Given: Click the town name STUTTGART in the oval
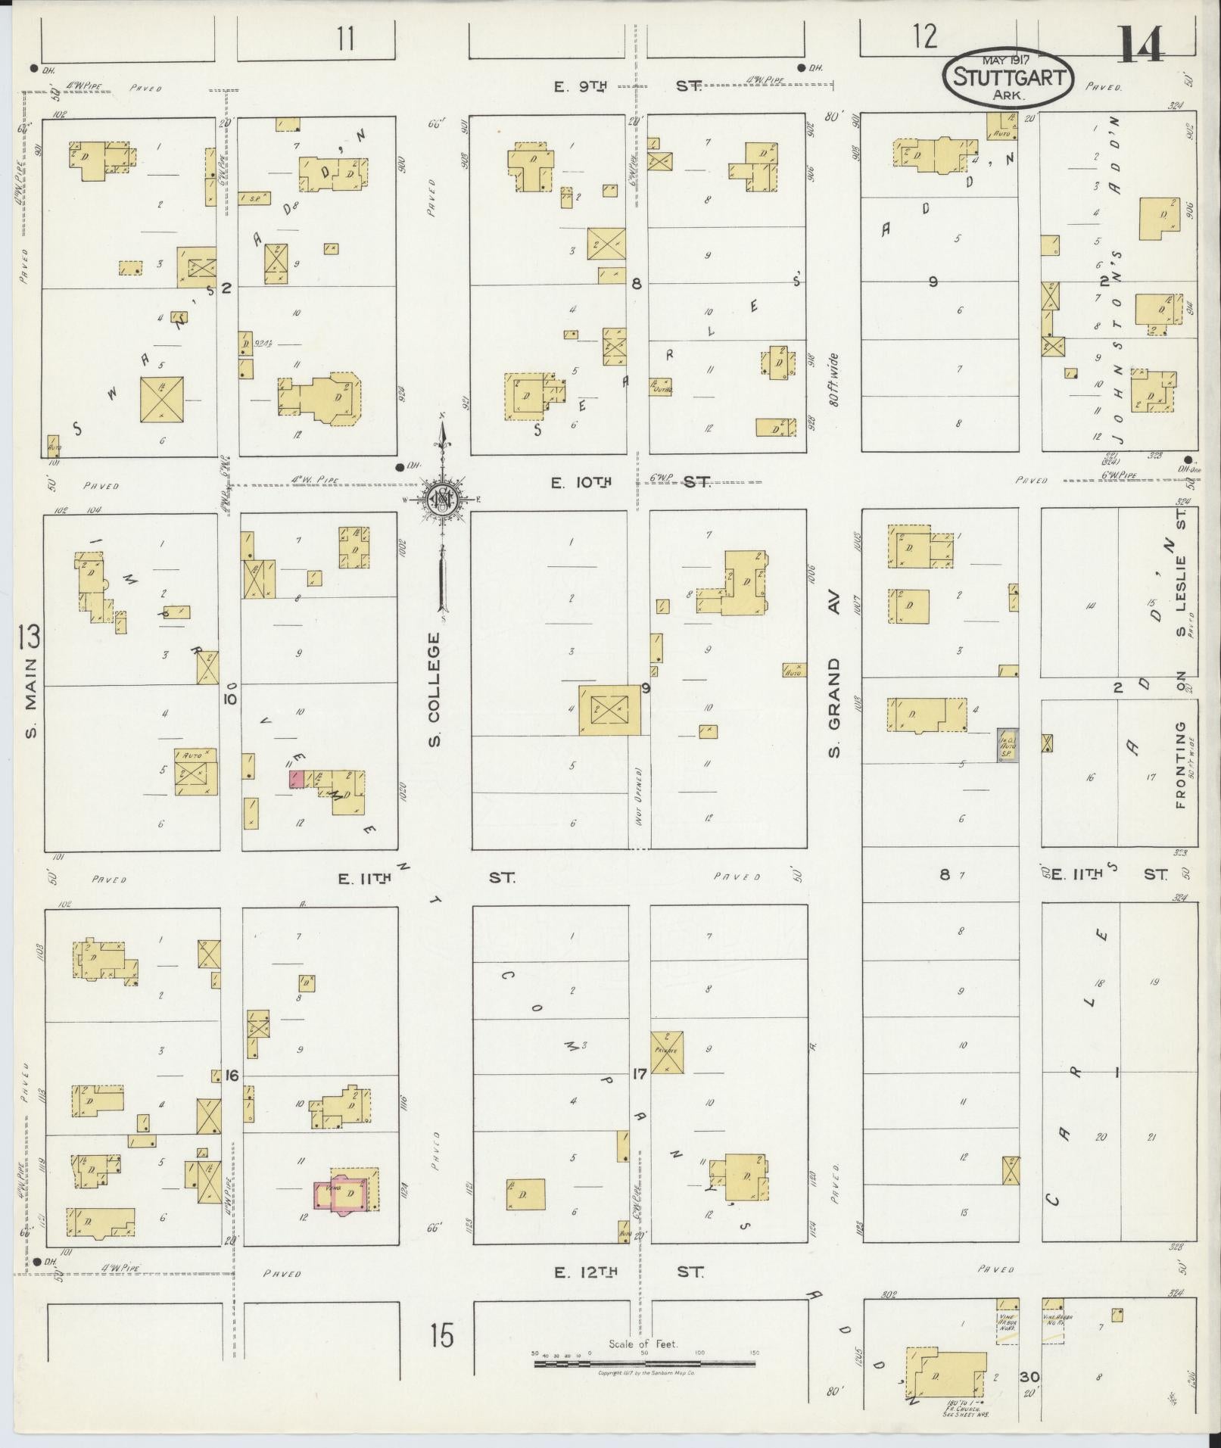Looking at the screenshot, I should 1008,77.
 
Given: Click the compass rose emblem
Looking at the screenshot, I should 440,499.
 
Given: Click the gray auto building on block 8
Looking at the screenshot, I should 1007,745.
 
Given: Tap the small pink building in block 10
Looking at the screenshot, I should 297,780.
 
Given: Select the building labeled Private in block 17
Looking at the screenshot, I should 667,1051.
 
